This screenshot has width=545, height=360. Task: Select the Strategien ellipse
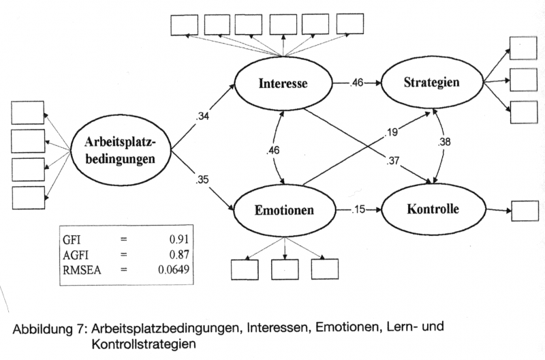[x=430, y=84]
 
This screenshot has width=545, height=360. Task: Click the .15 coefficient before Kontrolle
[x=358, y=209]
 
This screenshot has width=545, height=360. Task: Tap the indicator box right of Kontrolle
[x=524, y=211]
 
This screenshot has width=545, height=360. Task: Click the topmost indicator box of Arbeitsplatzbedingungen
[x=28, y=112]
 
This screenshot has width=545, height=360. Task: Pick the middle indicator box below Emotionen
[x=285, y=270]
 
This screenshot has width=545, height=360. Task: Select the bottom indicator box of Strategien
[x=524, y=112]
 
